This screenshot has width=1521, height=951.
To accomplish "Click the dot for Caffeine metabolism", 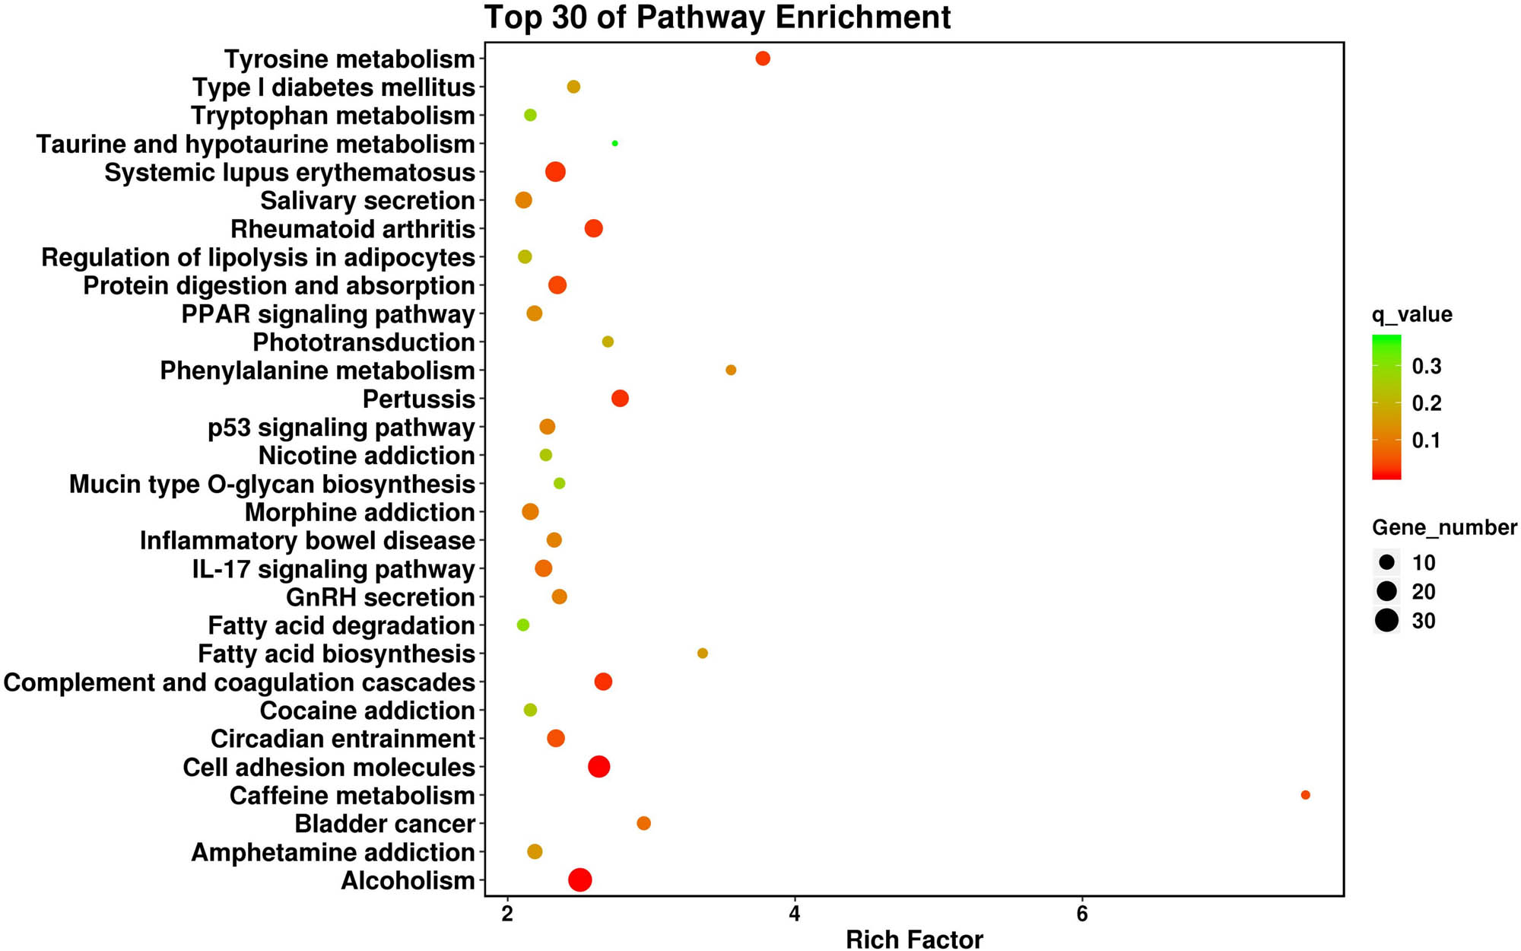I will (1305, 795).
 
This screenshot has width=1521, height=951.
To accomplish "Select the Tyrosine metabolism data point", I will (763, 59).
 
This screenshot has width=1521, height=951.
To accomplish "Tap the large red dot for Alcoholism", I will (580, 879).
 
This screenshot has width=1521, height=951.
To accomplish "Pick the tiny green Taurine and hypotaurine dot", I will (614, 143).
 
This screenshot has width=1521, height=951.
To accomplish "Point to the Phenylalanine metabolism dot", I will (731, 370).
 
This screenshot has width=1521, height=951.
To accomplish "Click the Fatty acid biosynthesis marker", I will (703, 654).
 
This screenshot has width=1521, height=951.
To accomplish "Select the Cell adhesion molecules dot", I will (599, 767).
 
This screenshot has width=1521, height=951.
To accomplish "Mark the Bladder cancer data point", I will (643, 823).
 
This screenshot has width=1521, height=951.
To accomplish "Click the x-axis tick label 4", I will (795, 914).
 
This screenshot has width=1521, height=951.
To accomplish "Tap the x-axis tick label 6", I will (1081, 914).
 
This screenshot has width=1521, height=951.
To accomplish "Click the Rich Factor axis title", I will (914, 940).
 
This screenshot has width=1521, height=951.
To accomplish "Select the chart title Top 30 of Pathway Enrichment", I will (717, 17).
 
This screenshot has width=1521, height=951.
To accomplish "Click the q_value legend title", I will (1411, 315).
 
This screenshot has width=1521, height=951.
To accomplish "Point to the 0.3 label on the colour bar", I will (1426, 367).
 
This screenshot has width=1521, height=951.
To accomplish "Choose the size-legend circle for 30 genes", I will (1386, 621).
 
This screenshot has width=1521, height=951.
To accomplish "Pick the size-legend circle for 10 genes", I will (1386, 563).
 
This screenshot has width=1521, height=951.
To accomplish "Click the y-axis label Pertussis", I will (418, 399).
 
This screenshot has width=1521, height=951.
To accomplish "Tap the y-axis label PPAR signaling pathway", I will (328, 314).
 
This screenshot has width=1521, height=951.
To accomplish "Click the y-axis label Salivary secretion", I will (367, 201).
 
